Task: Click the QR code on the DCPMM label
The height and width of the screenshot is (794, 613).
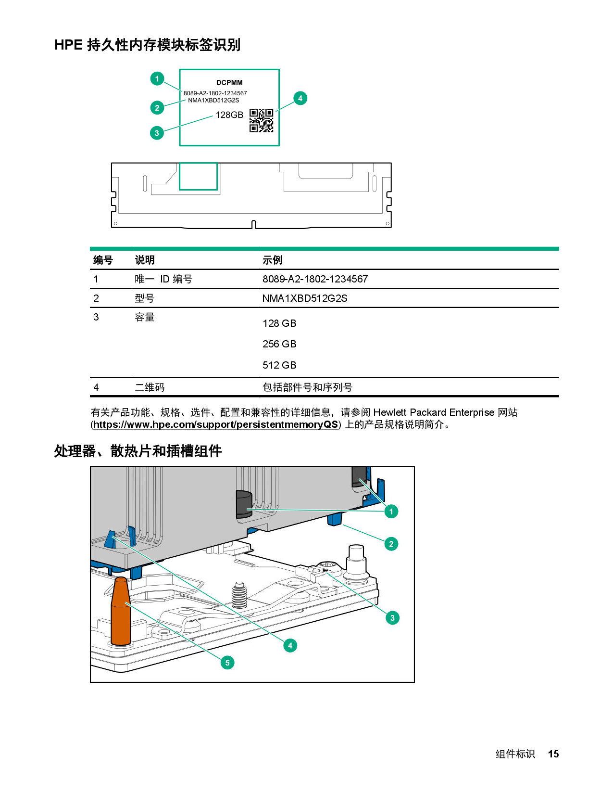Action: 261,120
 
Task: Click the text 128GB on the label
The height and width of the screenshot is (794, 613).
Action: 229,115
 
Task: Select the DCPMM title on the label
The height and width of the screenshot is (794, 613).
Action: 229,83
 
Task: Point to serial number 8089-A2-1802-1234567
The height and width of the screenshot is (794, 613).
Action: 215,93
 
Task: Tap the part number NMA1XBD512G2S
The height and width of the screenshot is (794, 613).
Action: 213,101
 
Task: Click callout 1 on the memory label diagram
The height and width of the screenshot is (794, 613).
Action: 157,78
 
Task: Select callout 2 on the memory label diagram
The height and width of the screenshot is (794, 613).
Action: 157,108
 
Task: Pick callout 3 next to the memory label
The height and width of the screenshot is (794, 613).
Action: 157,133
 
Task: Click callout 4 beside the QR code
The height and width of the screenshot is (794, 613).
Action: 300,98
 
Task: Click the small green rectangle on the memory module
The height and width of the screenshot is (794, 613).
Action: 198,176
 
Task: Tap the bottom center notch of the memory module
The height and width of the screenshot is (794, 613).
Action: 254,224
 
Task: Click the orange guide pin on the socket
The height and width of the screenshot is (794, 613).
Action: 121,611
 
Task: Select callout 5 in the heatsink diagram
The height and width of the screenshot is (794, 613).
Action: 227,663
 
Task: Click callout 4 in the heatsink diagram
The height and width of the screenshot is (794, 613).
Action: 290,645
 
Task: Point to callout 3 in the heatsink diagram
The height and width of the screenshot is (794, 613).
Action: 392,618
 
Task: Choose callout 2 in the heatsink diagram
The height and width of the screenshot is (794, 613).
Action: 391,544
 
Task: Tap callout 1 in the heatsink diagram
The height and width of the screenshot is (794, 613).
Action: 391,511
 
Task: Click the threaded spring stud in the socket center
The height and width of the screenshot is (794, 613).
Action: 239,596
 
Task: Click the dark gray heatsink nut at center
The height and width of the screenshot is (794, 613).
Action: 244,504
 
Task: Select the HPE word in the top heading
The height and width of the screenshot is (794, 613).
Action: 68,45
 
